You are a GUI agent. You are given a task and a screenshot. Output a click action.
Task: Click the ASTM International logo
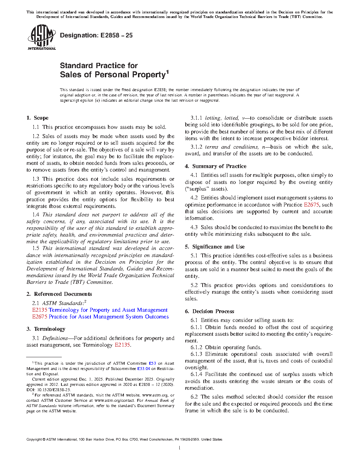pyautogui.click(x=42, y=37)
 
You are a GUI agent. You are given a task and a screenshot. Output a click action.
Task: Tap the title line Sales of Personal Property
pyautogui.click(x=113, y=75)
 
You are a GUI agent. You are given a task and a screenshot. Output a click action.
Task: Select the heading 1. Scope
pyautogui.click(x=37, y=118)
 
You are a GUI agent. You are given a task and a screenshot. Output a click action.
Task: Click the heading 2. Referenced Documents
pyautogui.click(x=59, y=294)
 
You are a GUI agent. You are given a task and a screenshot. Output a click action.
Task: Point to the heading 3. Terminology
pyautogui.click(x=46, y=329)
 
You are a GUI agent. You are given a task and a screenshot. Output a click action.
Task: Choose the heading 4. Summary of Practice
pyautogui.click(x=216, y=166)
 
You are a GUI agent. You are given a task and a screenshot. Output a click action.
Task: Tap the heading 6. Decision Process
pyautogui.click(x=209, y=311)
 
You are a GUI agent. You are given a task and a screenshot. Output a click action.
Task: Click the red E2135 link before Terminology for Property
pyautogui.click(x=40, y=310)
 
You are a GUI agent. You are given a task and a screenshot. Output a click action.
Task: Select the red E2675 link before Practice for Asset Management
pyautogui.click(x=40, y=317)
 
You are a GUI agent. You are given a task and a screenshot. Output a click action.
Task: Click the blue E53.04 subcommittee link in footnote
pyautogui.click(x=143, y=369)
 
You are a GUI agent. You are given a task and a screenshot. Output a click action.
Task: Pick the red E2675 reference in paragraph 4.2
pyautogui.click(x=311, y=205)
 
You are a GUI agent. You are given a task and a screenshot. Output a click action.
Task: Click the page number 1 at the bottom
pyautogui.click(x=180, y=448)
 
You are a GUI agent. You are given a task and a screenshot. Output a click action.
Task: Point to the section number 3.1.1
pyautogui.click(x=196, y=118)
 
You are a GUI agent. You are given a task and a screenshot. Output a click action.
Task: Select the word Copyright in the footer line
pyautogui.click(x=34, y=440)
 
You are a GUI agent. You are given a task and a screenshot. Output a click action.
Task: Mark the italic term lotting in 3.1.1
pyautogui.click(x=213, y=118)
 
